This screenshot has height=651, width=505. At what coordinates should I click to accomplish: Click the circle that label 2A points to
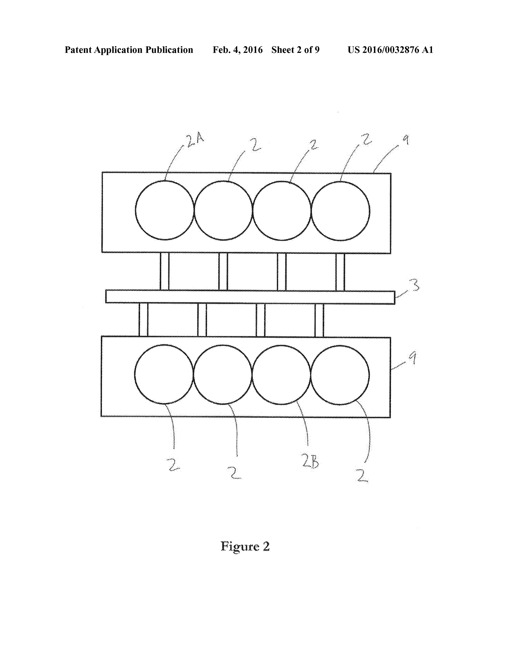coord(165,210)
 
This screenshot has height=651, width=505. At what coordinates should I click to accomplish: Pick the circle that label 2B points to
coord(281,375)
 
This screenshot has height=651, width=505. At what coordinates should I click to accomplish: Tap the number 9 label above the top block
coord(405,140)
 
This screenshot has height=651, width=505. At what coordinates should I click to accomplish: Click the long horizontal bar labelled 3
coord(250,297)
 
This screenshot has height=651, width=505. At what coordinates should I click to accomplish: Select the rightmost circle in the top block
coord(340,211)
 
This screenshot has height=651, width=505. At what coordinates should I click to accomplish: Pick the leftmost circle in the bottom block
coord(164,374)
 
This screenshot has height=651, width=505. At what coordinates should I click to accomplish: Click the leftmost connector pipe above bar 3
coord(165,271)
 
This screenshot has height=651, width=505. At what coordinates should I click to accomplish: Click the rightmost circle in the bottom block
coord(340,375)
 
